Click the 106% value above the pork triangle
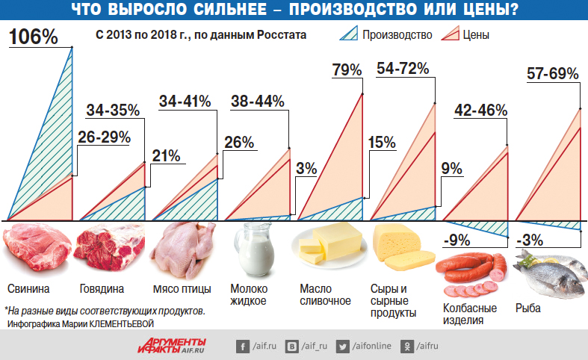tap(34, 37)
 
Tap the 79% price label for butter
tap(346, 70)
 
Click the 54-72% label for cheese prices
tap(402, 69)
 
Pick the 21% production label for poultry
tap(166, 155)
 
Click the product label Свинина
tap(28, 289)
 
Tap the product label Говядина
tap(102, 289)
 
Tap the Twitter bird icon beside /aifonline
tap(344, 347)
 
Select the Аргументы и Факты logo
tap(172, 345)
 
